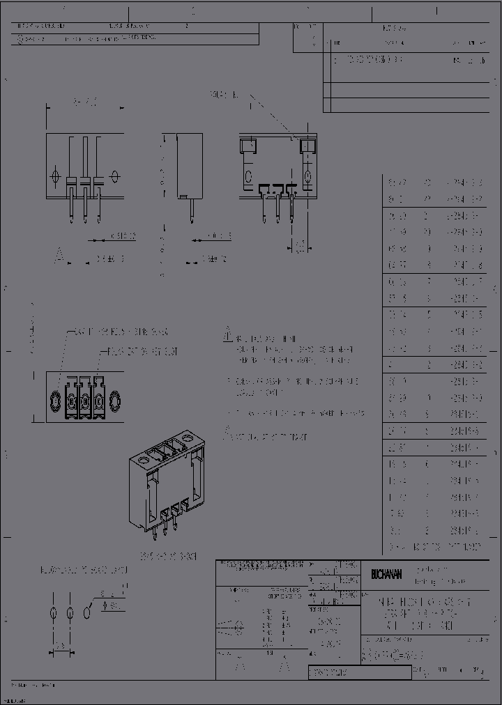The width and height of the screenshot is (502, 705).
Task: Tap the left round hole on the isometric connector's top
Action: pyautogui.click(x=143, y=460)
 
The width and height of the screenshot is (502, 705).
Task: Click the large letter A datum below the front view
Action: pyautogui.click(x=60, y=257)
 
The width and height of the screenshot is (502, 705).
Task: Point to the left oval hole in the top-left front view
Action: pyautogui.click(x=56, y=172)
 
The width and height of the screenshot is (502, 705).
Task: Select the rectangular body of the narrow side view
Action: pyautogui.click(x=185, y=164)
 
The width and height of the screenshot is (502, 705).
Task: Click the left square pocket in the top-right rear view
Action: pyautogui.click(x=248, y=146)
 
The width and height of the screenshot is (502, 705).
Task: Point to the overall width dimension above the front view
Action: pyautogui.click(x=84, y=103)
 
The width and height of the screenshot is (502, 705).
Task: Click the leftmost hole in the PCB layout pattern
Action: pyautogui.click(x=54, y=613)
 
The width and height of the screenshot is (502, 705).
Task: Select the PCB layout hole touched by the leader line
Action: pyautogui.click(x=87, y=613)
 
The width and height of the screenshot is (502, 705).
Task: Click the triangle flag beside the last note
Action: pyautogui.click(x=227, y=434)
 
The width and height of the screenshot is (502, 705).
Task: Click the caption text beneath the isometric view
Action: pyautogui.click(x=167, y=557)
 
